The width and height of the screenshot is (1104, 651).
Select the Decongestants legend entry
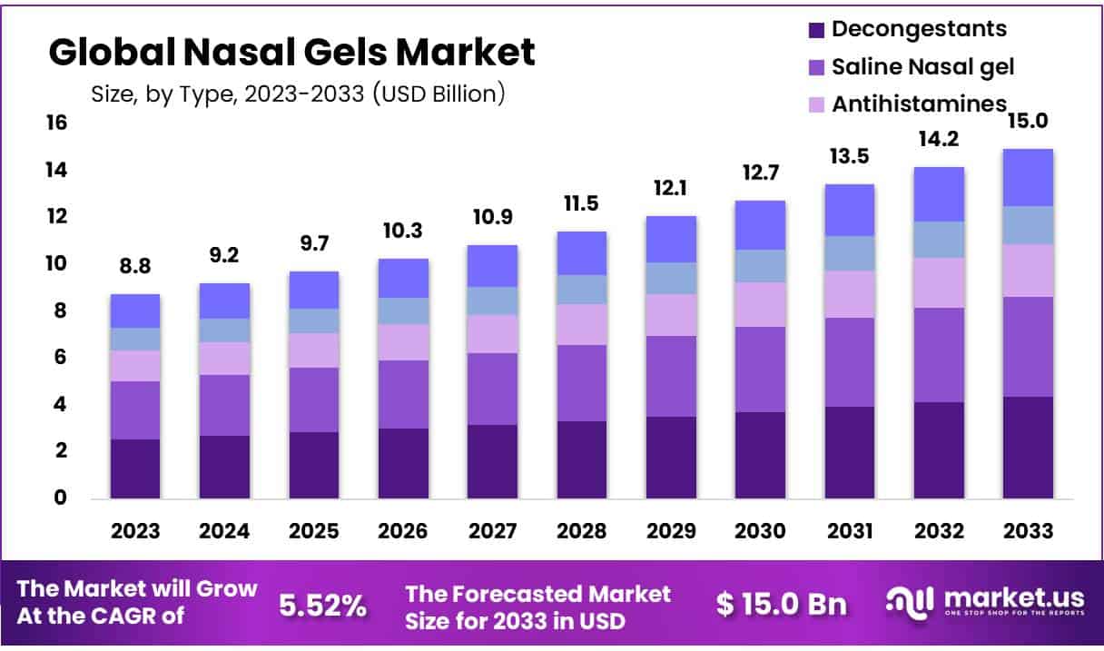(919, 28)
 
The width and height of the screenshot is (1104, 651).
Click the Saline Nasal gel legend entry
(922, 66)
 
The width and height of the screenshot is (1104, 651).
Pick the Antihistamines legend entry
(919, 104)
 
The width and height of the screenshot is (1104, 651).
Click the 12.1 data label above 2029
(670, 191)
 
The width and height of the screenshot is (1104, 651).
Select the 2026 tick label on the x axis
(403, 531)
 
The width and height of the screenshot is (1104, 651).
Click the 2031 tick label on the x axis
(849, 531)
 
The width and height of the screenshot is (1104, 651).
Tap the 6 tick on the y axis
(60, 358)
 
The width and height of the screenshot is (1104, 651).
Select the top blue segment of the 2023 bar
(135, 311)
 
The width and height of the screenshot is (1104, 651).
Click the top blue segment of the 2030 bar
(760, 224)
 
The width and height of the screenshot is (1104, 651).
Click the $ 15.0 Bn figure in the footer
(781, 605)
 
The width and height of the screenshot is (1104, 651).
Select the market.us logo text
(1014, 598)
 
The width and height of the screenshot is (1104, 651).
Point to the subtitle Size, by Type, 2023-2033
(298, 93)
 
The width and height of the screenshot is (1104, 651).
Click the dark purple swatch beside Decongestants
(815, 29)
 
